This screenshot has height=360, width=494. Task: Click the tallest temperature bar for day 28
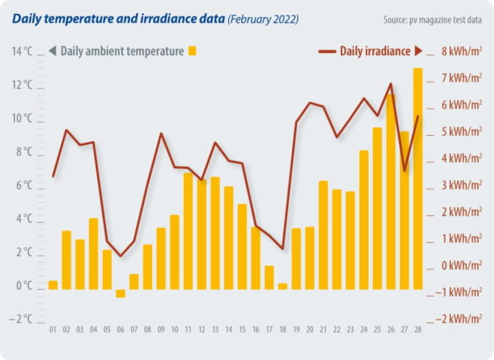[x=417, y=177]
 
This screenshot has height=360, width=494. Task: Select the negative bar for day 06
[x=120, y=292]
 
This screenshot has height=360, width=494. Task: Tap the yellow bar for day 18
[x=282, y=286]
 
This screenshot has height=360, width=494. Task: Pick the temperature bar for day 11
[x=188, y=231]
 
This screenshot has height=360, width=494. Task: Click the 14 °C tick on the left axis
[x=22, y=51]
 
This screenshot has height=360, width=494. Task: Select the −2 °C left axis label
[x=20, y=319]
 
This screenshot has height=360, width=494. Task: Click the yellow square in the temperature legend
[x=192, y=51]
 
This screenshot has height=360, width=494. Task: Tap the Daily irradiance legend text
[x=375, y=51]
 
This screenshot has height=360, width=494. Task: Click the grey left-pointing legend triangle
[x=53, y=51]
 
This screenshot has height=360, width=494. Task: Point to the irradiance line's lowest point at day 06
[x=120, y=256]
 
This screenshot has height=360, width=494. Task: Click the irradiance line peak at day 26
[x=390, y=84]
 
